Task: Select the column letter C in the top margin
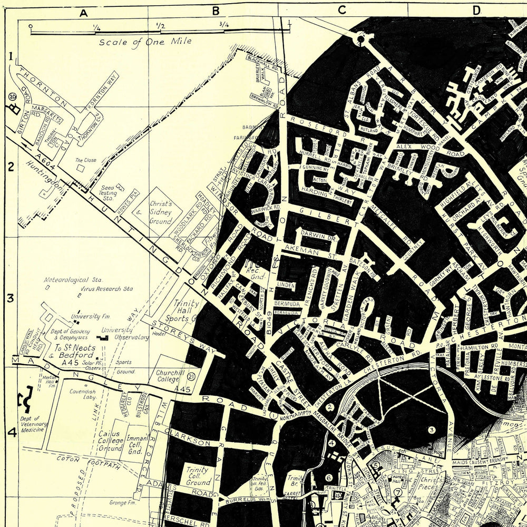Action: point(341,9)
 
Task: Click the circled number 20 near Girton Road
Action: point(12,96)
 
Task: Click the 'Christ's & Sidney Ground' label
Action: point(160,212)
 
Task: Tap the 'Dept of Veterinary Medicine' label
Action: point(34,424)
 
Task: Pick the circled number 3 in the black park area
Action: point(431,430)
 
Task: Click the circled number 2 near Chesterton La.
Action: point(330,406)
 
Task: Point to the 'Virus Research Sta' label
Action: point(106,289)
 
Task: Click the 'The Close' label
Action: point(85,160)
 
